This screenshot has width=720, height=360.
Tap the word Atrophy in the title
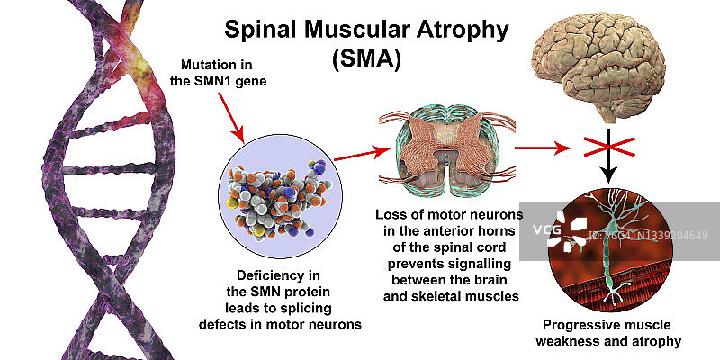coord(461,29)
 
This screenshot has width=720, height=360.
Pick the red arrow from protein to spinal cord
coord(355,159)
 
